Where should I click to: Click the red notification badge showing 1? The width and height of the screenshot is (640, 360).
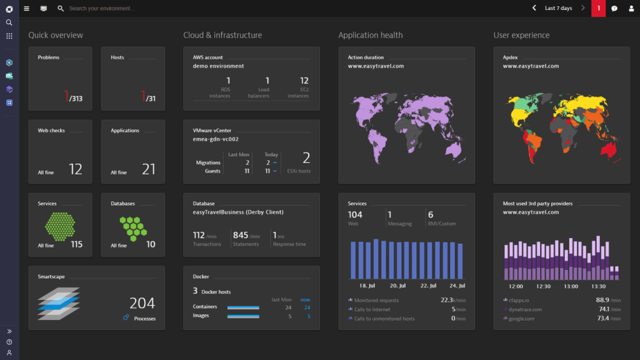click(x=598, y=8)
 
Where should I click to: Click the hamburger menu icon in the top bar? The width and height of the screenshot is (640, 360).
click(x=26, y=9)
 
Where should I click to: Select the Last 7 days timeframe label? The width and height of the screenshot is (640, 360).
click(x=558, y=8)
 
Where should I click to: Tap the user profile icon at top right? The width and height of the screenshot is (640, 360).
click(x=631, y=9)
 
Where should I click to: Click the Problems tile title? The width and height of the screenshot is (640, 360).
click(x=49, y=57)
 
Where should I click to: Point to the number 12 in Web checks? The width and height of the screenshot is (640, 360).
click(x=76, y=169)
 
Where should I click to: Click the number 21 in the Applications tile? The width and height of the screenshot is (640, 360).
click(x=149, y=169)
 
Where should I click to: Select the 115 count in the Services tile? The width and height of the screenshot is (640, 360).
click(x=77, y=244)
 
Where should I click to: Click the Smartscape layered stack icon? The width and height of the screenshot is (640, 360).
click(x=58, y=304)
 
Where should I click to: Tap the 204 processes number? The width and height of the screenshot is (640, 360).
click(x=142, y=304)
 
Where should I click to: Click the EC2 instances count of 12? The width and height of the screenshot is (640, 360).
click(x=304, y=81)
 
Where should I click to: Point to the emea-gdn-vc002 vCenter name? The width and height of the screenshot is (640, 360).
click(x=216, y=139)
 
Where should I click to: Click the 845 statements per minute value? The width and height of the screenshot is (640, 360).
click(x=241, y=236)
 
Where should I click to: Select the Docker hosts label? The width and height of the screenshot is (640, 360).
click(x=216, y=292)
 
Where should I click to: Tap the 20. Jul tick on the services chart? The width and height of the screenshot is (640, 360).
click(x=398, y=286)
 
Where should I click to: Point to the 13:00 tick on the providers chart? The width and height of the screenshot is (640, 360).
click(x=571, y=286)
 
